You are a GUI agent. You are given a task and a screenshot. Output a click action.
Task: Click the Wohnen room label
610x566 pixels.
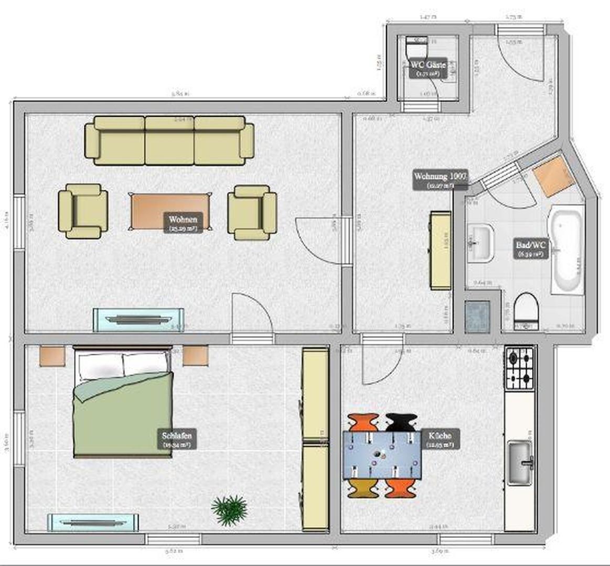(183, 223)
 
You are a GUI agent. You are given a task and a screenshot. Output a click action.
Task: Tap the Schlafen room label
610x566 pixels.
(177, 439)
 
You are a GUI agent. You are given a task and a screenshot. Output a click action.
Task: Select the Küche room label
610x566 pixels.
(440, 439)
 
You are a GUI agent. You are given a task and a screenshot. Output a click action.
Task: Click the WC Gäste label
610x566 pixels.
(428, 68)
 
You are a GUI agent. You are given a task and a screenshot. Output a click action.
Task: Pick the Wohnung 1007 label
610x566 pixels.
(440, 179)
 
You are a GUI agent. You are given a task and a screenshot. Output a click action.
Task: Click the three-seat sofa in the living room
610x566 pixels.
(169, 140)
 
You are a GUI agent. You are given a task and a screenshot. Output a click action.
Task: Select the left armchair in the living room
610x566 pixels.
(83, 211)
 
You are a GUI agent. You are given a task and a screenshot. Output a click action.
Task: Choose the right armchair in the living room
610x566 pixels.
(252, 212)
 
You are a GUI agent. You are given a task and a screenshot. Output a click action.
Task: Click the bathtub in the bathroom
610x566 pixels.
(566, 251)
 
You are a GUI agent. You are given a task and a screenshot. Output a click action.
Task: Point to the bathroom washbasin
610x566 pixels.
(480, 243)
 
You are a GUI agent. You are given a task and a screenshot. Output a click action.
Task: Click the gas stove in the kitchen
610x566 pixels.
(519, 367)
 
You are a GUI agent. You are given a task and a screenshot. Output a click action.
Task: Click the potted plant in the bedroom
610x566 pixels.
(229, 510)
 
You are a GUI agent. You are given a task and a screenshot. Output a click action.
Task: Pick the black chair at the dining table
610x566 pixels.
(402, 421)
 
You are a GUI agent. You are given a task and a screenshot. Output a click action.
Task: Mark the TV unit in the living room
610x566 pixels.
(139, 320)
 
